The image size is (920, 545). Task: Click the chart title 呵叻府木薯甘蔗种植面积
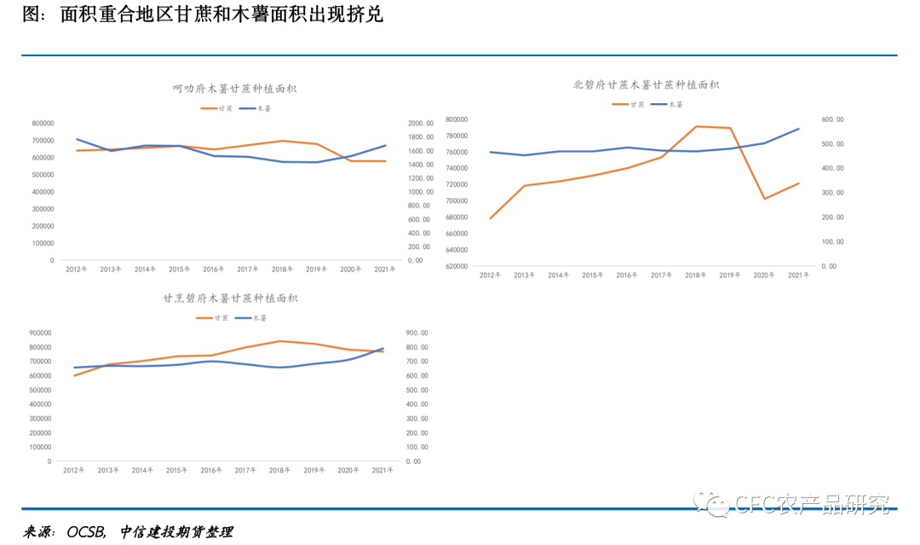(x=234, y=89)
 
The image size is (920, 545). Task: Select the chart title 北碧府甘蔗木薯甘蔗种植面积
(x=646, y=84)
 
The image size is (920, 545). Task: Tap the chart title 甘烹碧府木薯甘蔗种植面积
(x=230, y=299)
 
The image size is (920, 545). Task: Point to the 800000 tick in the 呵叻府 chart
(x=43, y=124)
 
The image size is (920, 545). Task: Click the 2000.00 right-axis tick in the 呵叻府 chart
(x=423, y=124)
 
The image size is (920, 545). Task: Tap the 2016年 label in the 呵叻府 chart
(x=213, y=270)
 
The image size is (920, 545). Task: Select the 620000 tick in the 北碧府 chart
(x=457, y=266)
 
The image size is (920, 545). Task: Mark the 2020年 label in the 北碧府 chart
(x=764, y=275)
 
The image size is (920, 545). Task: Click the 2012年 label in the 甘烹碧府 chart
(x=74, y=471)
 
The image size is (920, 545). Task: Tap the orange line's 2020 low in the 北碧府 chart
(x=764, y=199)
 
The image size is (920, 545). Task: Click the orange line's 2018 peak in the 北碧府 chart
(x=696, y=126)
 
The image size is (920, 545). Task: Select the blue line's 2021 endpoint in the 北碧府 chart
(x=798, y=129)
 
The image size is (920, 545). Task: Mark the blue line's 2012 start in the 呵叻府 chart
(x=77, y=139)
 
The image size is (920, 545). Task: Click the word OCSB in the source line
(x=84, y=532)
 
